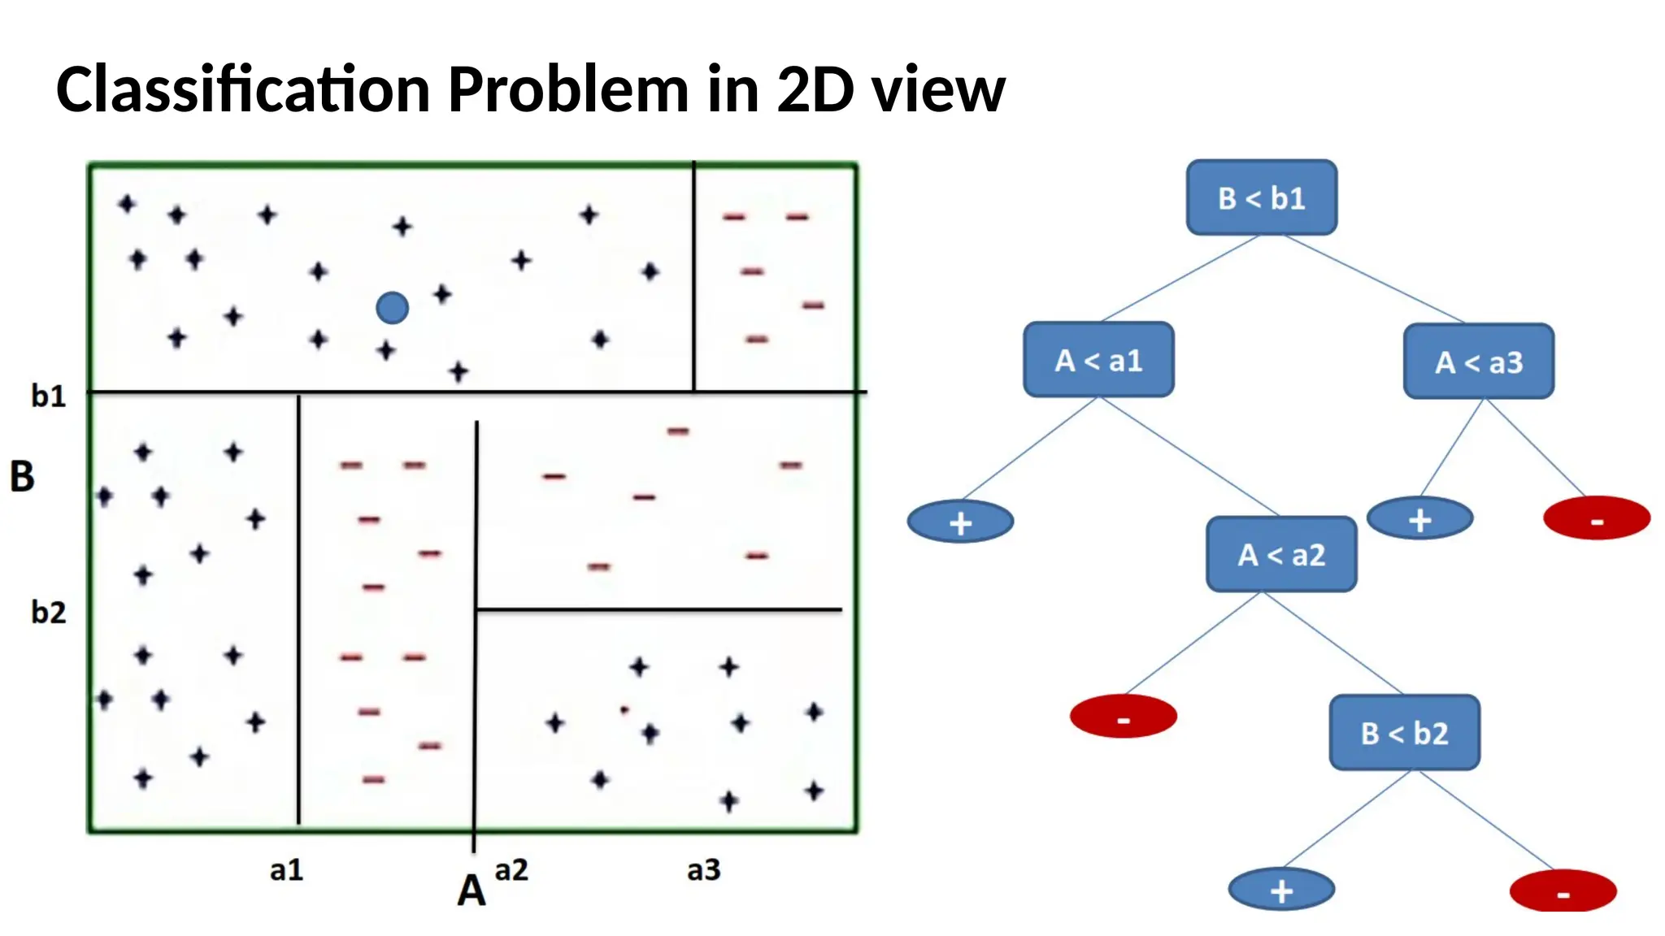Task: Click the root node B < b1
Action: click(1261, 197)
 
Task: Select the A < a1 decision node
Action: click(1098, 360)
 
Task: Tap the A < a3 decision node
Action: click(1478, 362)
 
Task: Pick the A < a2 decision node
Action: click(1281, 554)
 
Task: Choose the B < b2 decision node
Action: click(1404, 733)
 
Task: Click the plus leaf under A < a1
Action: click(960, 522)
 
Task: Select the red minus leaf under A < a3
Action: click(1597, 518)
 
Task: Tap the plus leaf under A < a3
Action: click(1419, 518)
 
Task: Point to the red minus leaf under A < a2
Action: click(1123, 717)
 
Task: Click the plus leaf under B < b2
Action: click(1281, 890)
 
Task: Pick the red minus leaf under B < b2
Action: click(1563, 891)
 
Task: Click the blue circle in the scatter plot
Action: click(393, 308)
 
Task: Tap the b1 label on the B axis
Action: click(48, 396)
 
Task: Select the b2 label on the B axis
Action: click(48, 612)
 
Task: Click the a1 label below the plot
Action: click(286, 870)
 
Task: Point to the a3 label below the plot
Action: click(703, 870)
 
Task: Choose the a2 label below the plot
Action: click(511, 870)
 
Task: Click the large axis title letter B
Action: click(22, 476)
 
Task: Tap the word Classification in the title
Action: click(242, 89)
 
